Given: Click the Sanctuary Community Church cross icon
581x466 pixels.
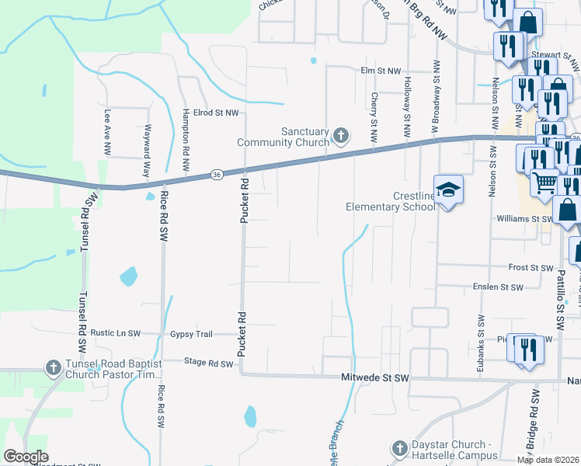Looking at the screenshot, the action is (340, 137).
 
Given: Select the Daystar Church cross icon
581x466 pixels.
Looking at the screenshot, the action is (399, 449).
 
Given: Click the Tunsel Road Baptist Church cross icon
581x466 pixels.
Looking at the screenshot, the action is (53, 367).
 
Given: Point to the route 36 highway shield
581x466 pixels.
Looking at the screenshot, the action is (216, 176).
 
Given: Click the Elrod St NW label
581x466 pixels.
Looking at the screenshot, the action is (217, 113).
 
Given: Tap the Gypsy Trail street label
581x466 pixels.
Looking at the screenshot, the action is (191, 334).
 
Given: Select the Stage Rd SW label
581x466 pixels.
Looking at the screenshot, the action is (208, 363).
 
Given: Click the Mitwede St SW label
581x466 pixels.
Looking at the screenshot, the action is (375, 377).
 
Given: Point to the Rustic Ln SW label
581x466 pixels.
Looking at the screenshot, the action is (115, 333).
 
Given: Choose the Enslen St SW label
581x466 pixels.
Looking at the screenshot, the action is (498, 287).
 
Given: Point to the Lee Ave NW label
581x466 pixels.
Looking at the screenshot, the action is (107, 130).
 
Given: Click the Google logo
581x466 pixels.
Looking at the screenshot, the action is (26, 457).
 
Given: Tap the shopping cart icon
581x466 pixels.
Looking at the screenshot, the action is (545, 183).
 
